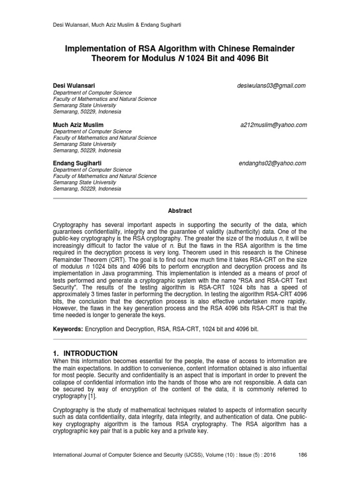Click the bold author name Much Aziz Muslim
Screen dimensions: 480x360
click(x=78, y=125)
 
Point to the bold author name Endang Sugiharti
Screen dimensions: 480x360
click(x=77, y=163)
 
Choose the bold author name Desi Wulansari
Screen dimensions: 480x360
click(x=74, y=86)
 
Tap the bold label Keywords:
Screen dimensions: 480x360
click(x=67, y=330)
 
